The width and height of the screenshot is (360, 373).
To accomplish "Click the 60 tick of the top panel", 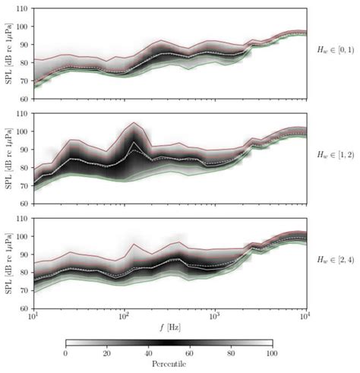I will point(24,99).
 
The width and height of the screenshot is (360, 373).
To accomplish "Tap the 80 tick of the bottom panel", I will point(24,273).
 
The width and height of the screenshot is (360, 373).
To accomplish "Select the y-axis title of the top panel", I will point(7,53).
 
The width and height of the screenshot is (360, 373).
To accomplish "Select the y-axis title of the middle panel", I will point(7,158).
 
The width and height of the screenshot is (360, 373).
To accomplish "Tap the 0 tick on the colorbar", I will point(66,355).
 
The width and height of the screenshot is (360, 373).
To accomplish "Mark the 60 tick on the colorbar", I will point(190,355).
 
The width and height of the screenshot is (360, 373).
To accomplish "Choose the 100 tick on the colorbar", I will point(272,355).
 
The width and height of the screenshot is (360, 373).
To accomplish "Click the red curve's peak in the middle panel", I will point(134,122).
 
